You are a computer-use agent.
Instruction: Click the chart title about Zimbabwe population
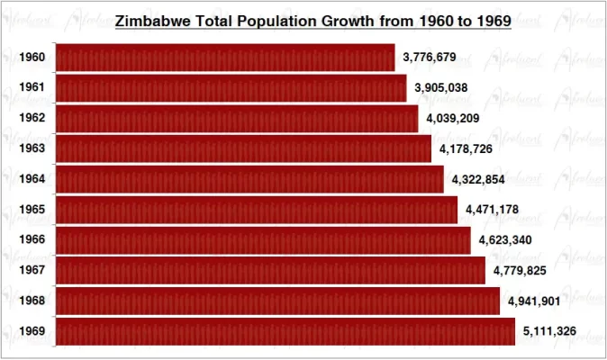(313, 20)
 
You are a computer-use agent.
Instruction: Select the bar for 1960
(225, 58)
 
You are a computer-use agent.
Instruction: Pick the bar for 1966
(263, 240)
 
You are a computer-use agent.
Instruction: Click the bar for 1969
(285, 332)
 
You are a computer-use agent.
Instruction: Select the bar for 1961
(231, 88)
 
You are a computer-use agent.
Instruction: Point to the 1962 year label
(32, 119)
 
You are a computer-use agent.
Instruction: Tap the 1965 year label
(32, 211)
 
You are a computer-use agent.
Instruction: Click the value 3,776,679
(430, 58)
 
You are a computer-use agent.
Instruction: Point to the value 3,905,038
(441, 88)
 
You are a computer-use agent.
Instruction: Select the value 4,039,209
(454, 119)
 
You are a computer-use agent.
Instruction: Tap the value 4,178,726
(467, 148)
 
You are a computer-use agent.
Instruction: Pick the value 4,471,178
(493, 211)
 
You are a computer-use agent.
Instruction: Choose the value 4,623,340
(506, 240)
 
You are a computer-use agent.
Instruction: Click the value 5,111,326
(550, 332)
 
